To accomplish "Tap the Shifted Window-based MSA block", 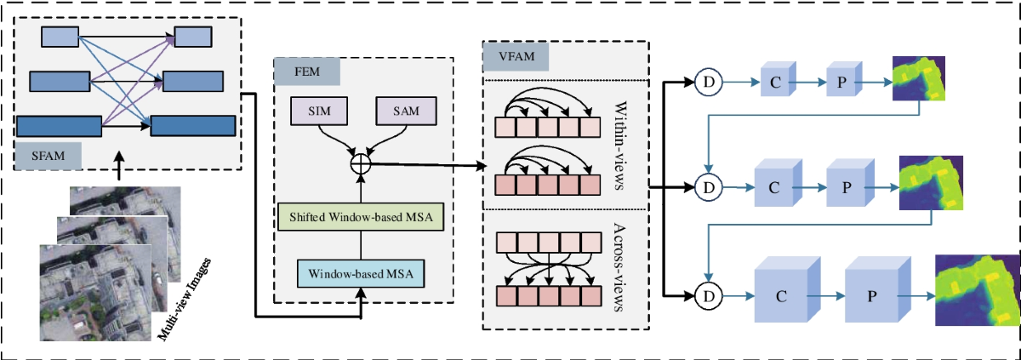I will pyautogui.click(x=362, y=218).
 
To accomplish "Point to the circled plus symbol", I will pyautogui.click(x=361, y=162).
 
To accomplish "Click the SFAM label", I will pyautogui.click(x=48, y=154).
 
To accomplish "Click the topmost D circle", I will pyautogui.click(x=707, y=82).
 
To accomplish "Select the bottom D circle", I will pyautogui.click(x=707, y=295).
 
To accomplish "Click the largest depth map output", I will pyautogui.click(x=978, y=289).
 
